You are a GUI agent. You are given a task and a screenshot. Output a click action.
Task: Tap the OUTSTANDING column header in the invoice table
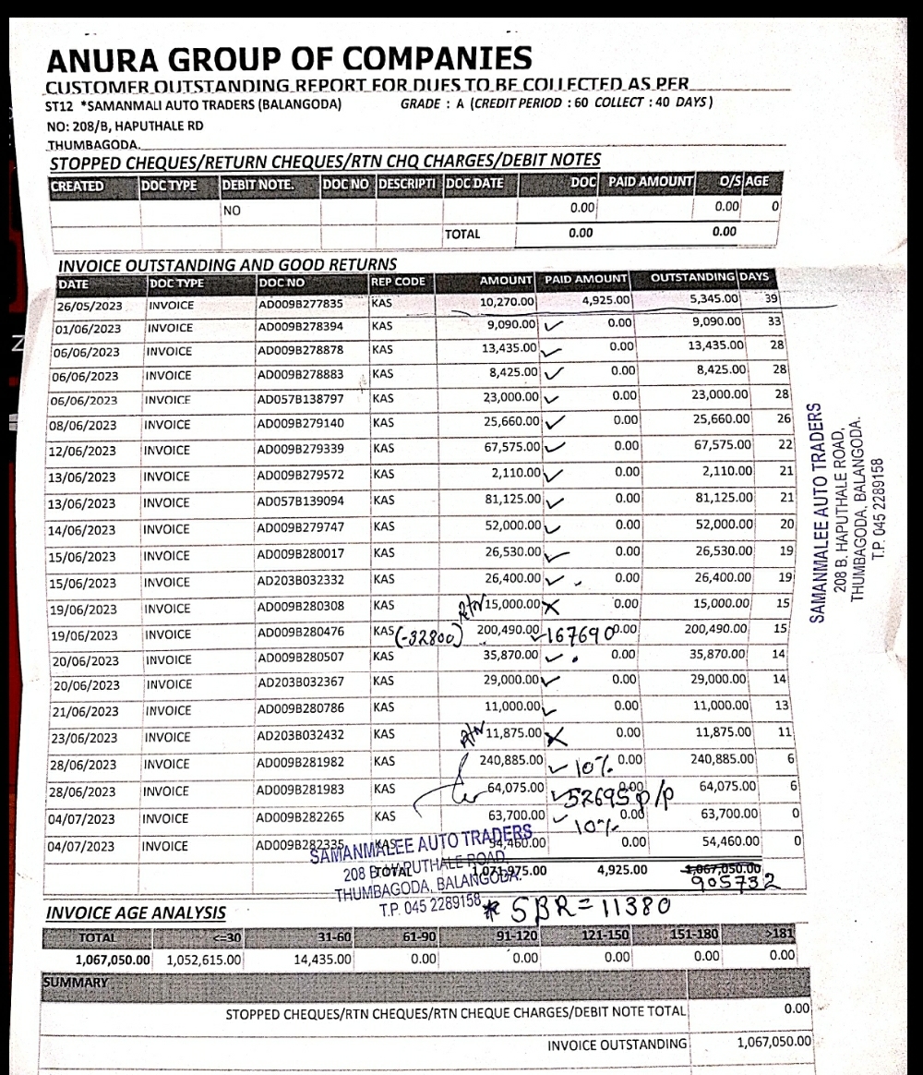[x=693, y=279]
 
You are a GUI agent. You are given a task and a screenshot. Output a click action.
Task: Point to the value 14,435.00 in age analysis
[x=322, y=960]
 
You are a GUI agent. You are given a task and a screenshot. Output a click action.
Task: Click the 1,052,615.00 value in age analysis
[x=204, y=960]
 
